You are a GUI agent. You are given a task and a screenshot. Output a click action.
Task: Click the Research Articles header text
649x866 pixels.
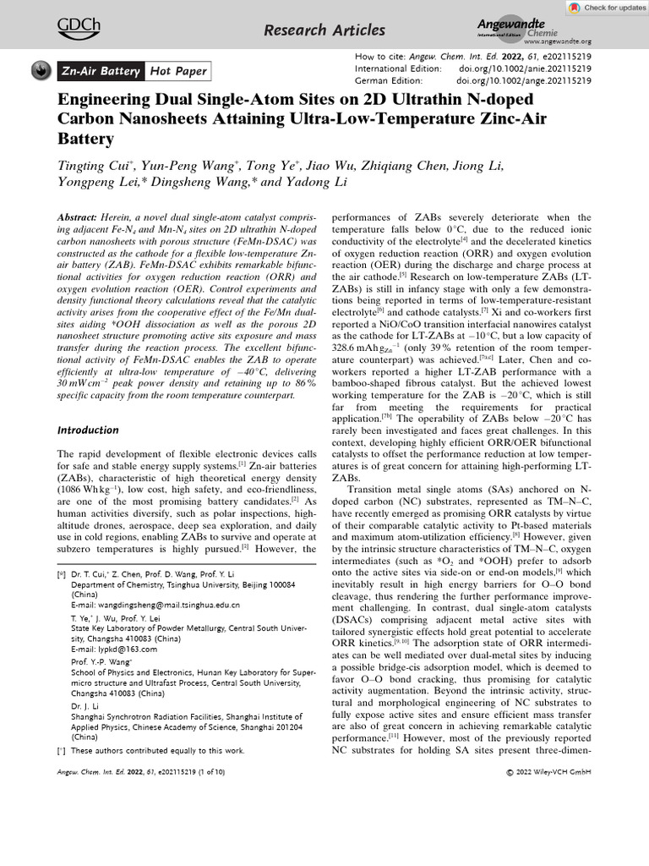coord(324,31)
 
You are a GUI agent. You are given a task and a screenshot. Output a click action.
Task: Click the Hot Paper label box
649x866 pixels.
coord(177,71)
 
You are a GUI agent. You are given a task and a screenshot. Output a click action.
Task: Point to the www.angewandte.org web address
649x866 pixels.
coord(558,41)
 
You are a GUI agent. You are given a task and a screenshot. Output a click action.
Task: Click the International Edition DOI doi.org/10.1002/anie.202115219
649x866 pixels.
coord(524,68)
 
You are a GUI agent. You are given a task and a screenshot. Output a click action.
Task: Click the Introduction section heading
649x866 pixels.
coord(88,430)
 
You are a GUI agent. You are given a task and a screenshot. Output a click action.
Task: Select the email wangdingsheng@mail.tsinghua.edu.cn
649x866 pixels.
coord(155,605)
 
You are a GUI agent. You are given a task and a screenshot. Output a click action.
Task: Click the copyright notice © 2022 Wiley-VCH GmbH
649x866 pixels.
coord(548,772)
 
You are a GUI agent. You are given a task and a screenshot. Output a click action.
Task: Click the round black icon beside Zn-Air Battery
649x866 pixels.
coord(40,71)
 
